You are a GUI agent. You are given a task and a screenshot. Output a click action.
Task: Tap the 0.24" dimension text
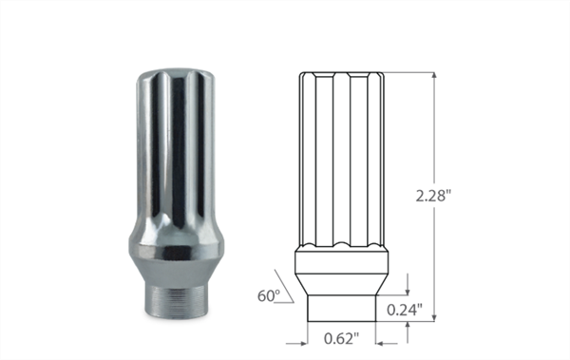point(406,308)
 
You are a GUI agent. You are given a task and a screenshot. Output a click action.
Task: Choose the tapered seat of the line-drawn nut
point(343,282)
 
